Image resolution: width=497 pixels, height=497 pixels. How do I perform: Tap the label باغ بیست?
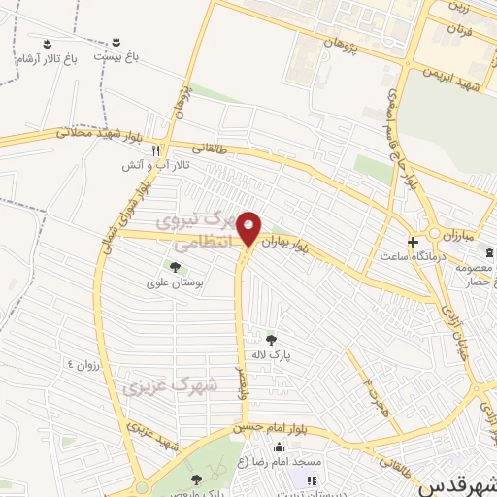point(116,57)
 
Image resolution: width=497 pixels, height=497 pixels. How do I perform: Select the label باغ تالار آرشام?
point(45,58)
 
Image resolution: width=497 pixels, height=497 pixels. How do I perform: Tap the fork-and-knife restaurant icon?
point(155,150)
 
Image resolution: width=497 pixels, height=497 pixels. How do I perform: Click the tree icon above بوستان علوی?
point(175,267)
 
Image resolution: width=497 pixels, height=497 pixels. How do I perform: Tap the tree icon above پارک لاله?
point(271,340)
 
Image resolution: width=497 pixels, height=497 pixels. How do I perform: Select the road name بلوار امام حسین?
point(263,428)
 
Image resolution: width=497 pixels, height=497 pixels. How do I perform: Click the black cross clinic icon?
point(413,242)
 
